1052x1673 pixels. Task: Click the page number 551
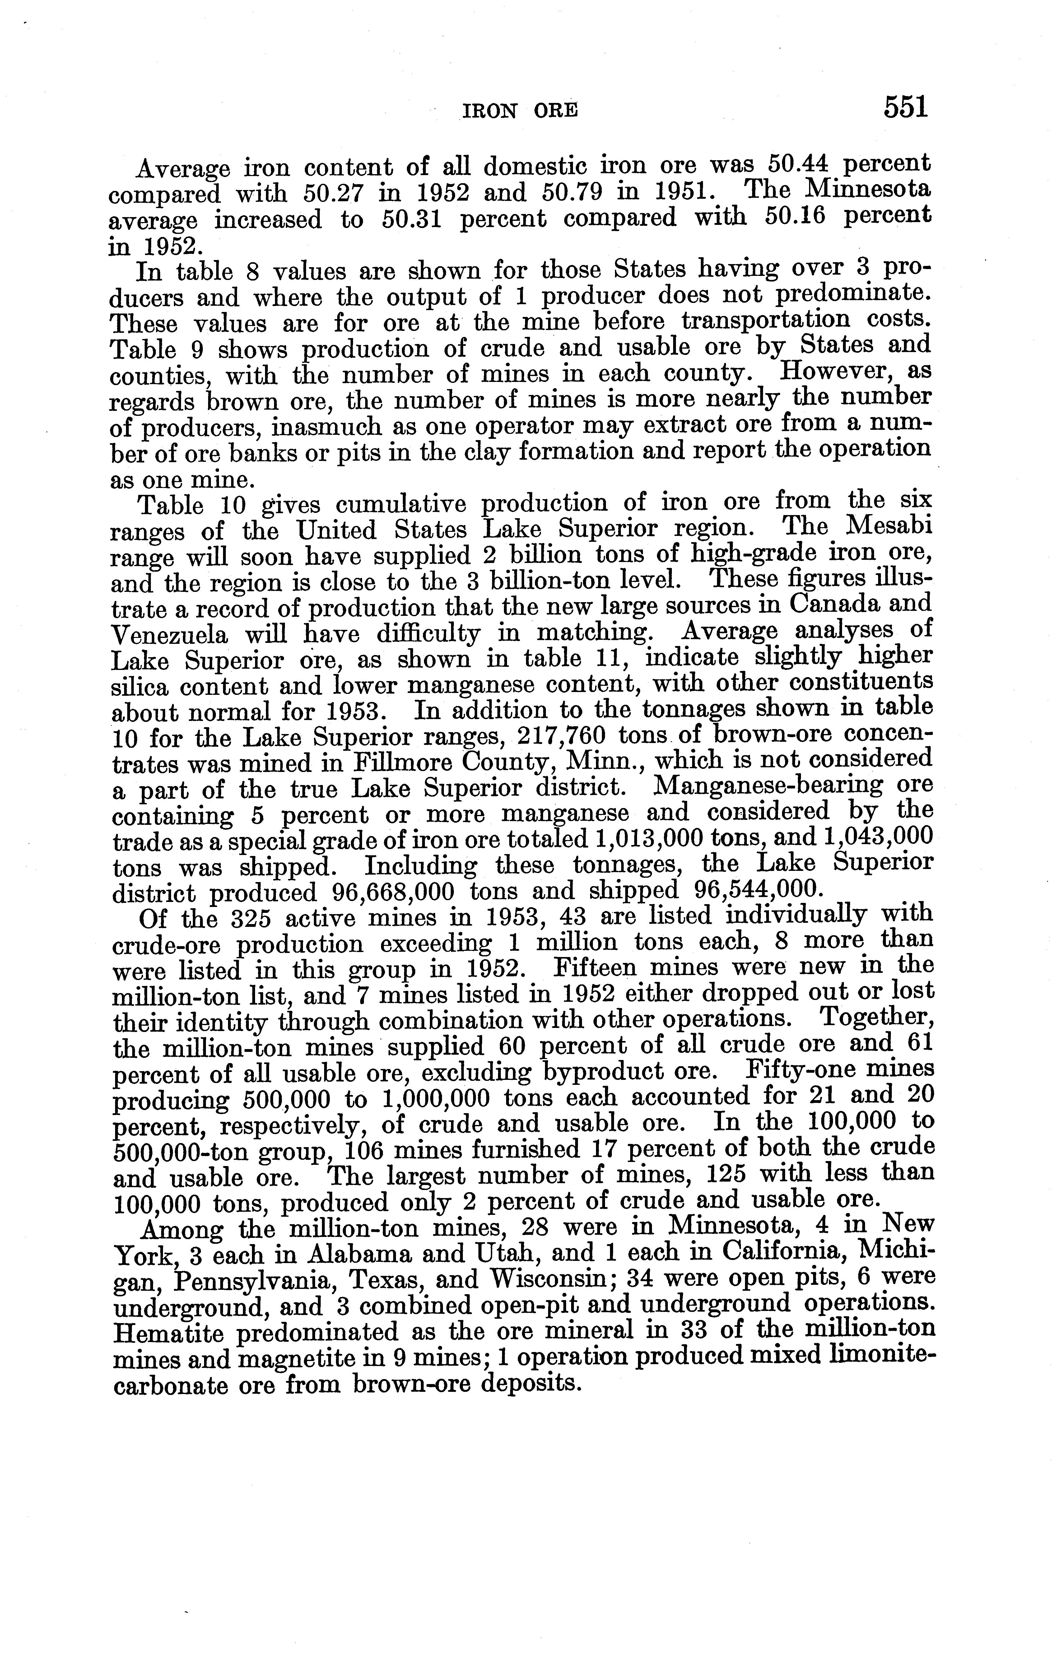(x=905, y=108)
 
